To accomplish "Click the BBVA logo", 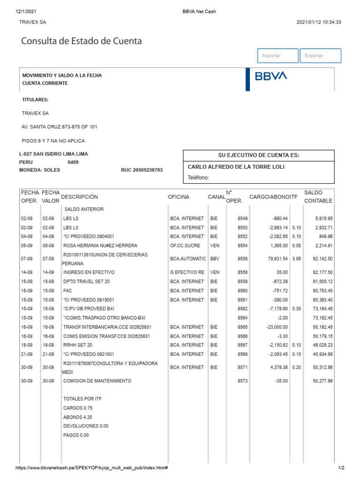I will (271, 76).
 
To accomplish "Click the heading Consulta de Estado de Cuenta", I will (82, 41).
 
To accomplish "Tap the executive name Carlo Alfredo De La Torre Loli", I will (236, 167).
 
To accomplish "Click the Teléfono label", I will (198, 178).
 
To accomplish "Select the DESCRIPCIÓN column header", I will (80, 197).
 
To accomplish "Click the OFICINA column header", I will (179, 197).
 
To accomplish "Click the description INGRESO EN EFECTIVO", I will (89, 272).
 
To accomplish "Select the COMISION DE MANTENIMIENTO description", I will (97, 381).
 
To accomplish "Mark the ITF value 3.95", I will (295, 259).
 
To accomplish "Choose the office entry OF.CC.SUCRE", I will (185, 245).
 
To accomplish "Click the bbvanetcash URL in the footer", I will (92, 468).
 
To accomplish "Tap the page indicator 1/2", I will (341, 468).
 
